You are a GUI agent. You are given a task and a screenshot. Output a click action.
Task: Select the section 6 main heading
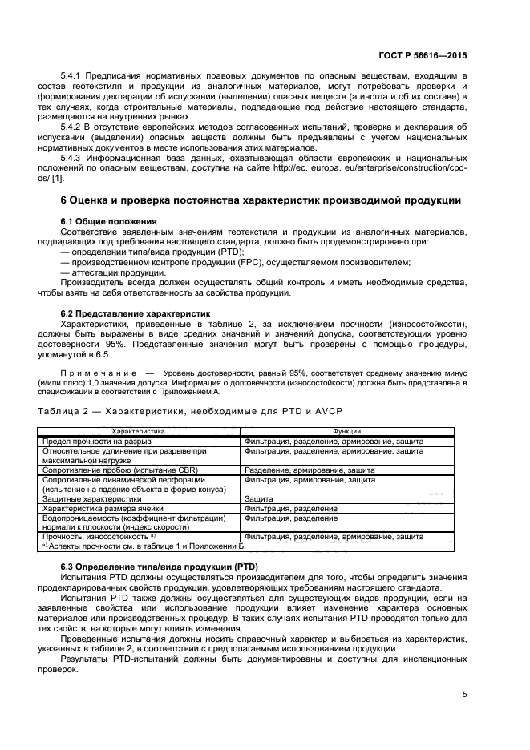[261, 199]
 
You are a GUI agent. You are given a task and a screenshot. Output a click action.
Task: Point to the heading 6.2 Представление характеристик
[136, 313]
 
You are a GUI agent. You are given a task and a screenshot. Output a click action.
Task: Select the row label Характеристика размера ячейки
[102, 508]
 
